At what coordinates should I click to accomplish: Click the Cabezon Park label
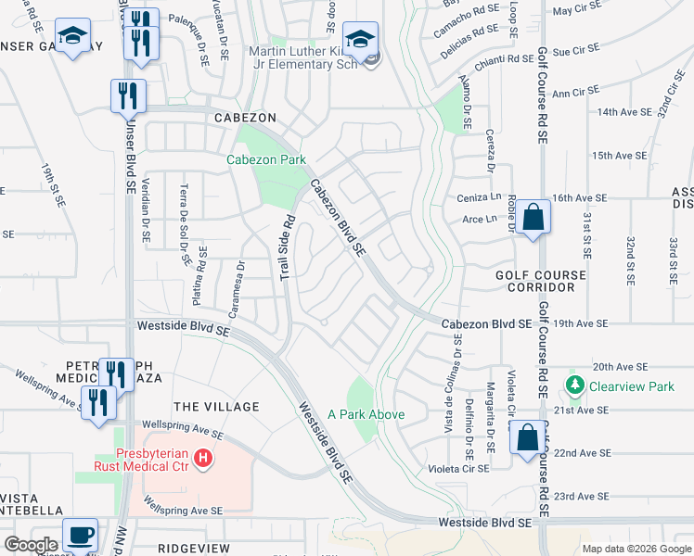click(266, 159)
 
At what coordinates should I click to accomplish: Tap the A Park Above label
click(366, 414)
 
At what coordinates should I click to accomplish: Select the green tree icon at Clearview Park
click(574, 384)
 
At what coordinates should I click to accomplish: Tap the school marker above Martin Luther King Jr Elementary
click(360, 40)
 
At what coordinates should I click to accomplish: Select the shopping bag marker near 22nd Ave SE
click(526, 439)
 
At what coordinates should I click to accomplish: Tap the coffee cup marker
click(80, 535)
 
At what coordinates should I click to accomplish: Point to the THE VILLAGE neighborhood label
click(216, 407)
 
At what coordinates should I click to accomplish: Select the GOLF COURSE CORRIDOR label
click(541, 282)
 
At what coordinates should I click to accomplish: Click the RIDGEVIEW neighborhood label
click(194, 549)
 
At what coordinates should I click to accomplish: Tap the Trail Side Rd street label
click(288, 247)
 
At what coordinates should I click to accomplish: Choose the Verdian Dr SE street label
click(145, 212)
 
